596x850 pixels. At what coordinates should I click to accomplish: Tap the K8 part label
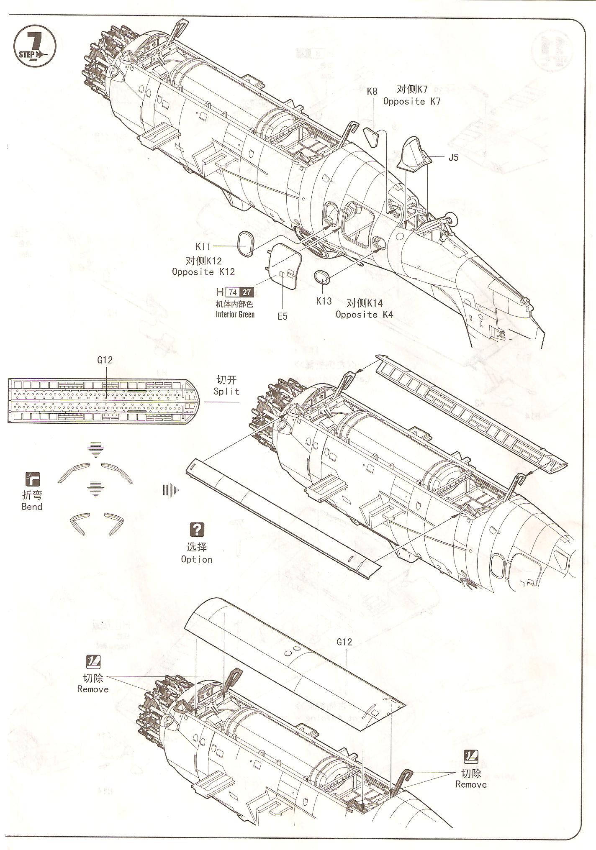point(372,91)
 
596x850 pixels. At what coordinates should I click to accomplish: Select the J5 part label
point(453,158)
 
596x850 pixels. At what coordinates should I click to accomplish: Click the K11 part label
point(203,247)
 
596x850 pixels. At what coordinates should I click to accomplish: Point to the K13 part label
point(324,301)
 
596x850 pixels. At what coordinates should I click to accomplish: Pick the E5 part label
point(283,316)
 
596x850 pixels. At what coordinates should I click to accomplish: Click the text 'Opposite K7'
point(412,102)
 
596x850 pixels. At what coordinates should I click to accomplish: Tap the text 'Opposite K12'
point(203,272)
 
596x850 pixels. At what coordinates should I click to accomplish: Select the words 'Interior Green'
point(235,315)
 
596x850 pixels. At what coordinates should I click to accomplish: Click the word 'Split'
point(226,392)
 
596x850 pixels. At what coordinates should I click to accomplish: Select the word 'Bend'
point(32,507)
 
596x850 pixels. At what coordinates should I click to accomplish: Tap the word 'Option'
point(197,559)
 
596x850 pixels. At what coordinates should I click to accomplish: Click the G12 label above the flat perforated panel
point(105,360)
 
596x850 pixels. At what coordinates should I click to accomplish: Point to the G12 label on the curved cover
point(344,642)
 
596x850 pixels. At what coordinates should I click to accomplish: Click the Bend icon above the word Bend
point(32,478)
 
